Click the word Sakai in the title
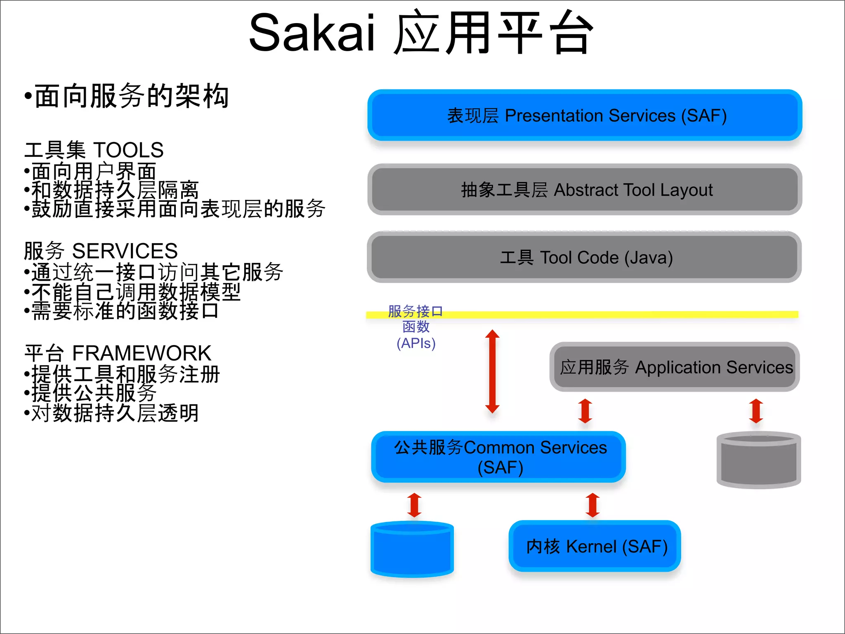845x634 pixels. click(312, 33)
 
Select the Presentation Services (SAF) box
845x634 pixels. click(585, 116)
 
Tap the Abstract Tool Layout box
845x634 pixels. click(585, 190)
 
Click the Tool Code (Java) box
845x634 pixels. click(585, 258)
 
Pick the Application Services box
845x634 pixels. click(675, 367)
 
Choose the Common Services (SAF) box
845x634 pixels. click(498, 457)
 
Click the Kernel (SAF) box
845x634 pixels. click(595, 546)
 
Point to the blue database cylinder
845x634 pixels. click(412, 550)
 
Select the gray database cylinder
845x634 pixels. click(758, 460)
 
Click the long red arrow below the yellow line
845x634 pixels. click(492, 371)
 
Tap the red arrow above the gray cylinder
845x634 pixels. click(756, 411)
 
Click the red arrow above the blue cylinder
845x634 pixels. click(414, 505)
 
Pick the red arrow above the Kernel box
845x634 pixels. click(593, 505)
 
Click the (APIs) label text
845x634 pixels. click(416, 343)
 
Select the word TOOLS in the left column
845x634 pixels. click(128, 150)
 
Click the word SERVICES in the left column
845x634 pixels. click(125, 251)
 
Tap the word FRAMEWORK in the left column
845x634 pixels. click(142, 353)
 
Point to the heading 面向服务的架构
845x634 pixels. click(131, 96)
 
